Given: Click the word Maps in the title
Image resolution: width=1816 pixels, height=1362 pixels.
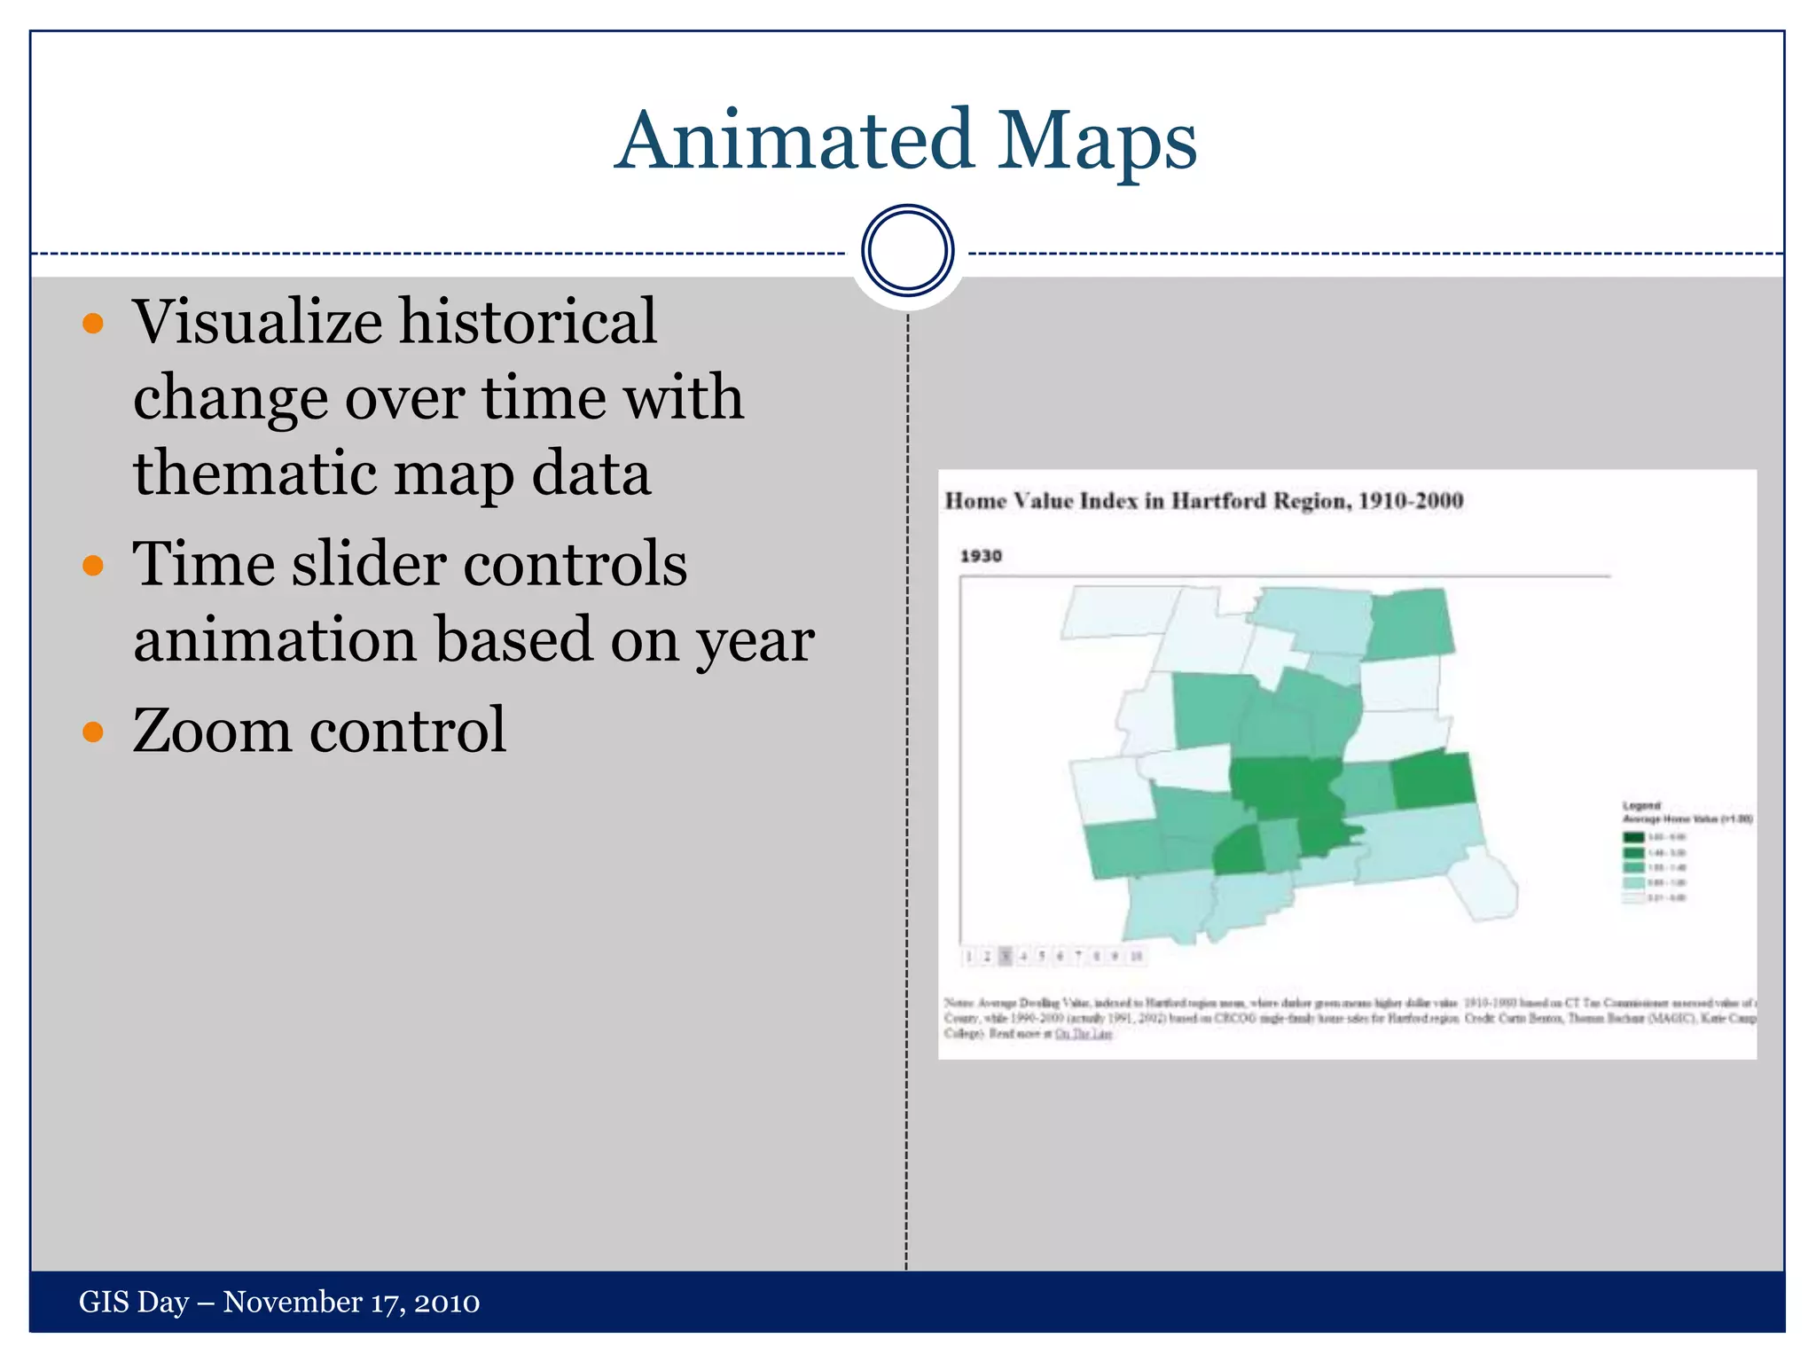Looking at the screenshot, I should click(x=1097, y=142).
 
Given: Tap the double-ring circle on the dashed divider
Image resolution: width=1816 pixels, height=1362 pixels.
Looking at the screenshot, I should click(x=907, y=251).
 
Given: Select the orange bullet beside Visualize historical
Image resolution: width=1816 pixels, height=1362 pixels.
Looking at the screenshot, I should click(x=93, y=323).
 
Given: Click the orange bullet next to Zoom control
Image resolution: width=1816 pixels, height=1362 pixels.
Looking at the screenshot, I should click(x=93, y=732).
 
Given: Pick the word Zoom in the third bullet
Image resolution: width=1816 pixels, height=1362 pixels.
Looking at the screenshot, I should click(x=211, y=731).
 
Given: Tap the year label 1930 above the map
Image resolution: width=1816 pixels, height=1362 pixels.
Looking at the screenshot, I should click(x=981, y=556).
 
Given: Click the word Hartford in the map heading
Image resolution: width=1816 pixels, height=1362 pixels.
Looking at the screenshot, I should click(x=1219, y=501).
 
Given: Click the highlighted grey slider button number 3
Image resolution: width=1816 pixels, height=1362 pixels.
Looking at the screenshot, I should click(x=1006, y=956).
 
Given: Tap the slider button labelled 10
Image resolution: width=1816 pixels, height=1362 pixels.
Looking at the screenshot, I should click(x=1136, y=956).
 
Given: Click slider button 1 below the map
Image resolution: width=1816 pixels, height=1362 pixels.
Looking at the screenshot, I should click(x=968, y=956).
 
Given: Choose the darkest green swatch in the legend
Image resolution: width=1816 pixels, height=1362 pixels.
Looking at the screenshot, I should click(x=1633, y=837).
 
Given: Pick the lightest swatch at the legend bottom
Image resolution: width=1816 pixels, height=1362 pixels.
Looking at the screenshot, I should click(x=1633, y=897).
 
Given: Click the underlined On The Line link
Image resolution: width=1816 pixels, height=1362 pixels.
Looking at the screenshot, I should click(x=1083, y=1034).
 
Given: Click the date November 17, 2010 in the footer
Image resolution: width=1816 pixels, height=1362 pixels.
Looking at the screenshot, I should click(x=351, y=1302).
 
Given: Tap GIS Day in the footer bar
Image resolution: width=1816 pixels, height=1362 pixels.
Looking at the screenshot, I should click(x=134, y=1302).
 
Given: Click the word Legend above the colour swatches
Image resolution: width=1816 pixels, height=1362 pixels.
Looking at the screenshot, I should click(x=1640, y=805).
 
